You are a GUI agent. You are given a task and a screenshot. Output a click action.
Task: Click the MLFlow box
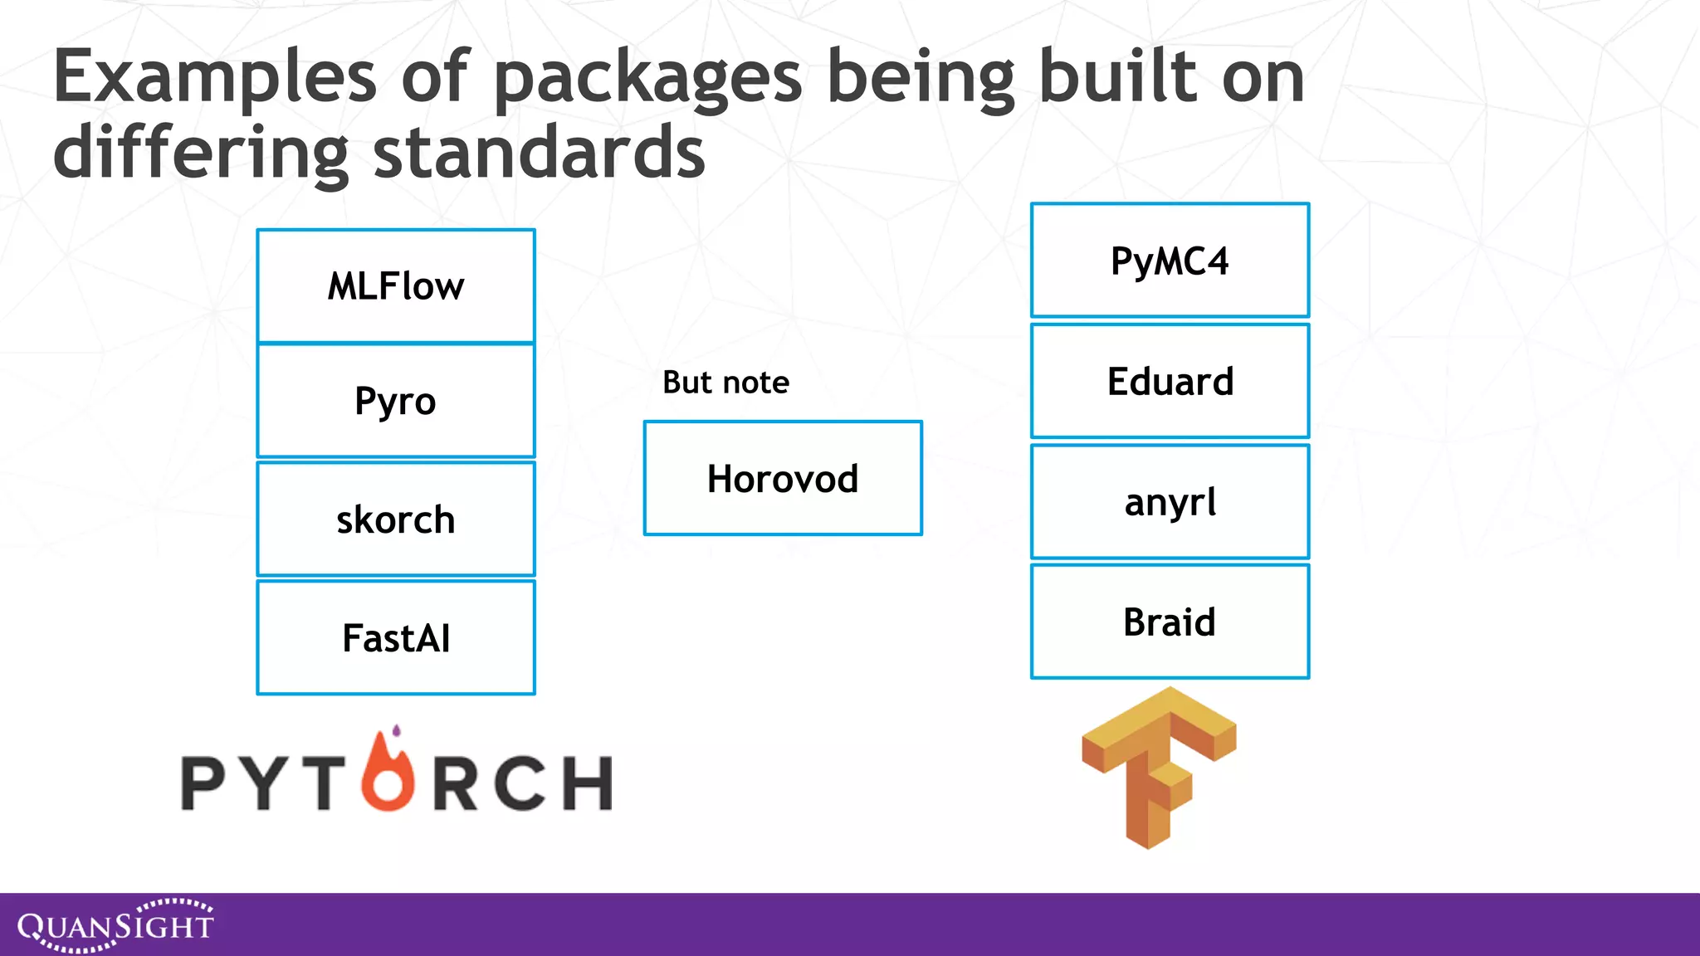point(396,286)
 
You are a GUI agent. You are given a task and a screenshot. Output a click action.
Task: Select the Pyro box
point(396,401)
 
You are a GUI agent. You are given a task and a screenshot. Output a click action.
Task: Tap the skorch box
point(396,519)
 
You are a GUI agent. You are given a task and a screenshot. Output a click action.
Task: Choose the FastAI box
point(396,638)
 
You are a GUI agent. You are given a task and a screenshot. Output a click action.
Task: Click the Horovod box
point(783,479)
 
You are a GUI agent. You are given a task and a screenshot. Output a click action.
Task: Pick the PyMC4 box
point(1170,261)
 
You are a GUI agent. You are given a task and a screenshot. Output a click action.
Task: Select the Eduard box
point(1170,382)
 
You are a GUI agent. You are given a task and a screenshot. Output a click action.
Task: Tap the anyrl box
point(1170,502)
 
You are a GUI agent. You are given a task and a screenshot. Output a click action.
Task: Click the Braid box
point(1170,622)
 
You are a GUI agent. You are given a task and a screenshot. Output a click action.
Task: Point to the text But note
point(725,383)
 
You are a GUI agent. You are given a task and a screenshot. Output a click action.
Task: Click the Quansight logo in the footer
point(115,924)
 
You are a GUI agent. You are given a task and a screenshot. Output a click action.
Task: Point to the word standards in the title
point(539,154)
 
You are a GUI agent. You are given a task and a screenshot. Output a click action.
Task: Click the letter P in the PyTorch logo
point(203,783)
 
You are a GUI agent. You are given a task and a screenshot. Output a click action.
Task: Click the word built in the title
point(1118,77)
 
